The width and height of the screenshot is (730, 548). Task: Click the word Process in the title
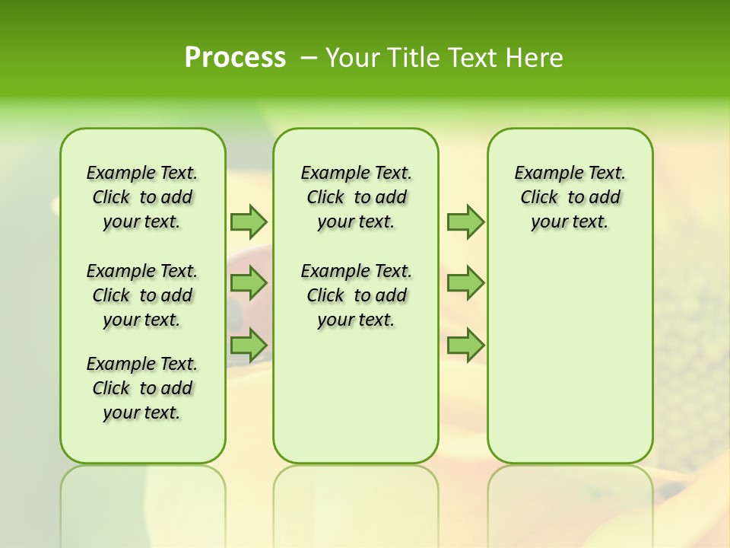tap(235, 57)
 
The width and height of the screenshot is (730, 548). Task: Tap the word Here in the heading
tap(535, 58)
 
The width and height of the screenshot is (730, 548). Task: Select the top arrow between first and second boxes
tap(249, 221)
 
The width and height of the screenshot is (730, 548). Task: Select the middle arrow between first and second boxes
tap(249, 283)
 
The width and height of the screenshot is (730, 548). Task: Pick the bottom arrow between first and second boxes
tap(249, 346)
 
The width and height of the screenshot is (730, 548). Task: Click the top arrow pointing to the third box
tap(465, 221)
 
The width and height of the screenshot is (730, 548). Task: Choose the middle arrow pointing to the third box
tap(465, 283)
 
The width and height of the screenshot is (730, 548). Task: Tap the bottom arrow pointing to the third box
tap(465, 346)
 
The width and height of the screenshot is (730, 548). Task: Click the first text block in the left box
tap(142, 197)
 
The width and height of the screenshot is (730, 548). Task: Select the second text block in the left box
tap(142, 295)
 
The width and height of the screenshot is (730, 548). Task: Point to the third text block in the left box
tap(142, 388)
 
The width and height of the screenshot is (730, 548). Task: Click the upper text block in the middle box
tap(356, 197)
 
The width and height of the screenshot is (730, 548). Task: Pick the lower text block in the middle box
tap(356, 295)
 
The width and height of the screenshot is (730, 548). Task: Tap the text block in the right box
tap(570, 197)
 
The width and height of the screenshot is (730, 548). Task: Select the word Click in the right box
tap(539, 198)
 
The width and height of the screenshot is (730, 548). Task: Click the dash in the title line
tap(309, 58)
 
